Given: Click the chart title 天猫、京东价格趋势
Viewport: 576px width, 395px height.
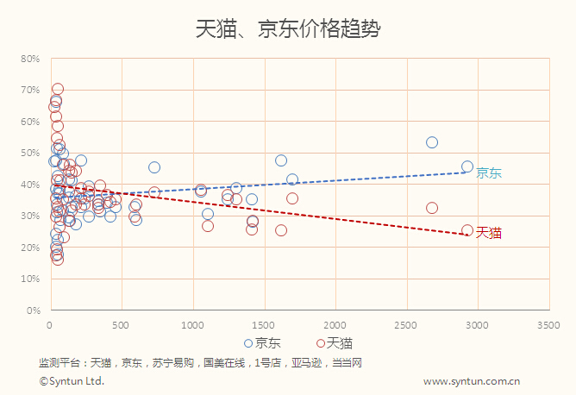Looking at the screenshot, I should click(x=288, y=28).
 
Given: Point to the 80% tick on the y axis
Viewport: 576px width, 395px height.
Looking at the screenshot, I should click(x=31, y=59).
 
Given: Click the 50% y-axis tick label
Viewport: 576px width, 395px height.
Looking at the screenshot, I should click(x=31, y=153).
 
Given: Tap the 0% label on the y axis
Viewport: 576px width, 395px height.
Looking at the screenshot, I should click(x=34, y=310).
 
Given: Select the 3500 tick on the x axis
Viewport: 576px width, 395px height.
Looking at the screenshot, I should click(x=548, y=325).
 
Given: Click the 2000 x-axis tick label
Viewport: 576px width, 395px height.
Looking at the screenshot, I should click(x=335, y=325).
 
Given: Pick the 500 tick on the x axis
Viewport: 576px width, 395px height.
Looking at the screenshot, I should click(x=122, y=325).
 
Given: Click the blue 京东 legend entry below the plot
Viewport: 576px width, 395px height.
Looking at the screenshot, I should click(x=262, y=342).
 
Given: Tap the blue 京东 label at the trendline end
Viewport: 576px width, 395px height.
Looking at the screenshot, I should click(x=489, y=172).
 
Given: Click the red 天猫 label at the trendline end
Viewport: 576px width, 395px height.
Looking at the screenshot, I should click(x=489, y=233).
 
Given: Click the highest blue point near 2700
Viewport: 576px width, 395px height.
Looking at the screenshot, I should click(x=432, y=142).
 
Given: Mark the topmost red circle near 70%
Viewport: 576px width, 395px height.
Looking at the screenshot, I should click(x=58, y=89).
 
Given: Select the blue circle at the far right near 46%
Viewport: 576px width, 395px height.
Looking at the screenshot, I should click(x=467, y=166).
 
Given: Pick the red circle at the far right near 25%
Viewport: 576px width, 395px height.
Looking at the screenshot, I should click(x=467, y=231).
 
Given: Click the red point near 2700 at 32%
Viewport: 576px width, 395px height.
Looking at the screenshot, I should click(x=432, y=208).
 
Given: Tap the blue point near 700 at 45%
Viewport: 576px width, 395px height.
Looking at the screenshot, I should click(x=154, y=167).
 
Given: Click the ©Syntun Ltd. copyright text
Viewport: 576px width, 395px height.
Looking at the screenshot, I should click(x=72, y=380).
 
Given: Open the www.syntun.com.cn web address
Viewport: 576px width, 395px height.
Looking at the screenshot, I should click(x=471, y=380).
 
